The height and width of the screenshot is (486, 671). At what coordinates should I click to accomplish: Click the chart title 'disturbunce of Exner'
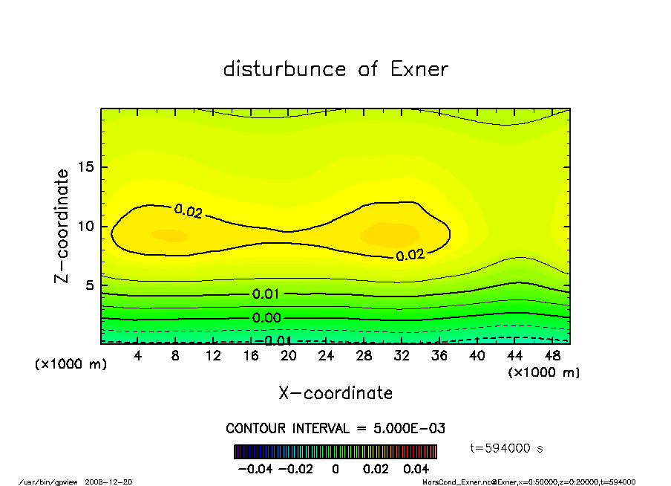click(335, 69)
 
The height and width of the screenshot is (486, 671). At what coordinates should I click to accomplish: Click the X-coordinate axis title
click(335, 393)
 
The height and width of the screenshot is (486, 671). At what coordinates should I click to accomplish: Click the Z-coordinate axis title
click(62, 226)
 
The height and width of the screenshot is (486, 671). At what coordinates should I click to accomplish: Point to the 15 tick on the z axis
click(86, 167)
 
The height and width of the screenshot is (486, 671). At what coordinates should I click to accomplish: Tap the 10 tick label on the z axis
click(86, 226)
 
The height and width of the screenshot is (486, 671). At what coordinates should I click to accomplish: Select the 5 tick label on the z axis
click(90, 285)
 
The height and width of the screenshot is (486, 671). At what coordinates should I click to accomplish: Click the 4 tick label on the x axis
click(138, 356)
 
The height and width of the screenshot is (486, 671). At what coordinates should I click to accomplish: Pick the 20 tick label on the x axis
click(289, 356)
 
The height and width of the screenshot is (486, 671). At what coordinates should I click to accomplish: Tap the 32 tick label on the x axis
click(402, 356)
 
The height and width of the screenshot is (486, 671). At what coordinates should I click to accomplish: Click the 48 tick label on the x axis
click(552, 356)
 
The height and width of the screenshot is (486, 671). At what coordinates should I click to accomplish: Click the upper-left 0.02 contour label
click(188, 211)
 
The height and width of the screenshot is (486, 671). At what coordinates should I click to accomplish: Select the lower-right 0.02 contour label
click(410, 255)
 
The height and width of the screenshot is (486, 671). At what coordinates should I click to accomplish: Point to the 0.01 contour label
click(266, 294)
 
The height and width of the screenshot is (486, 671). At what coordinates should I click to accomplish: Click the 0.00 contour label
click(266, 318)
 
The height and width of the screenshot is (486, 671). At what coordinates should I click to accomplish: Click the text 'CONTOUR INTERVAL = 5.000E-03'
click(335, 429)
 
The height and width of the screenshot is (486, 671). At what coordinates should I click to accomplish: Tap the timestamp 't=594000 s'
click(508, 447)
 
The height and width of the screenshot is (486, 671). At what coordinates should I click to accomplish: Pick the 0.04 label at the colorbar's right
click(416, 470)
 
